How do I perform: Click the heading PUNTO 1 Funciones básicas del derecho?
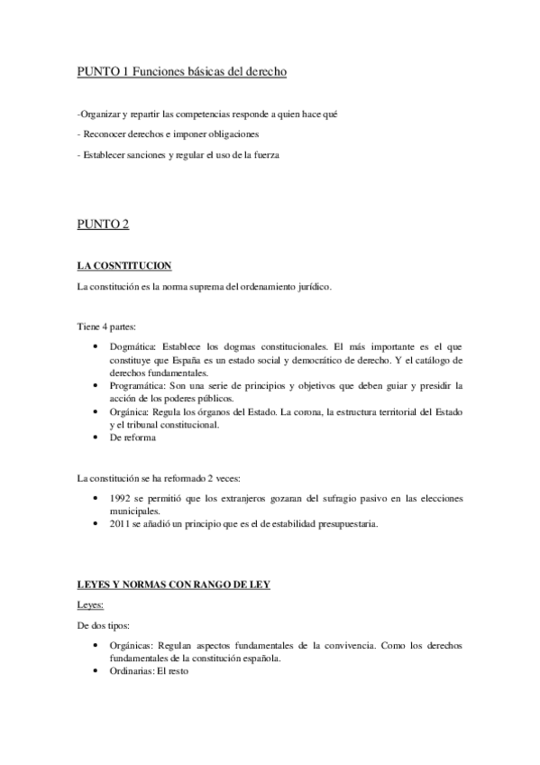point(182,71)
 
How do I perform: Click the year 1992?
point(120,497)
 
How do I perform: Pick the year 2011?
point(120,523)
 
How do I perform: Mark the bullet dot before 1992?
point(96,497)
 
